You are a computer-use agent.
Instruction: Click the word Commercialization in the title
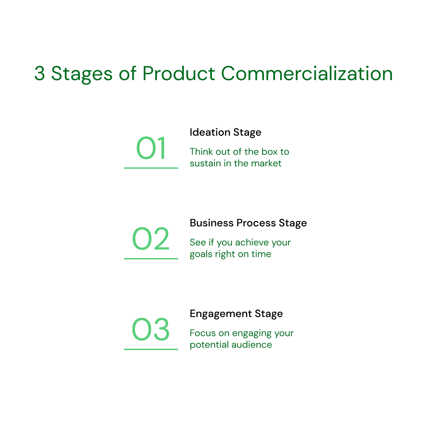pos(307,74)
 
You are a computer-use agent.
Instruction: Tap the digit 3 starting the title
pos(40,74)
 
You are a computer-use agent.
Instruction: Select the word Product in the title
pos(178,74)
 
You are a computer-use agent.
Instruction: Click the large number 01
pos(151,149)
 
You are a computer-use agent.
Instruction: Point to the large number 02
pos(151,239)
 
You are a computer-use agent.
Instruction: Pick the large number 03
pos(151,330)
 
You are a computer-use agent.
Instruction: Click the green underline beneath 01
pos(151,168)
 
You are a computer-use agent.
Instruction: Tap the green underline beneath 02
pos(151,258)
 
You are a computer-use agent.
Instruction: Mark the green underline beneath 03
pos(151,349)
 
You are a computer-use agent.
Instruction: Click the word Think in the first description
pos(201,152)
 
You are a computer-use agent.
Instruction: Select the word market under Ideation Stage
pos(266,163)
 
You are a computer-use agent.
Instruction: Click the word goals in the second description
pos(201,254)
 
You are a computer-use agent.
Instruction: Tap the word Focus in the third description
pos(202,333)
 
